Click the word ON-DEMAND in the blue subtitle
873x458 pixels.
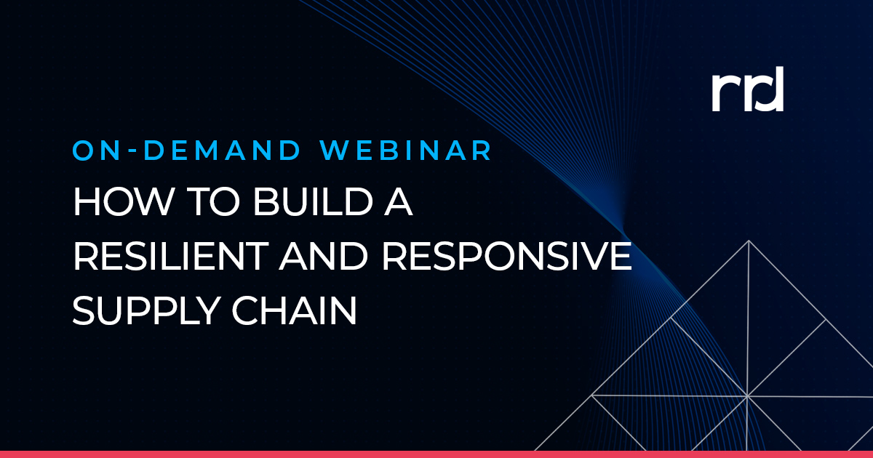186,150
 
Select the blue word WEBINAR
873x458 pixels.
408,150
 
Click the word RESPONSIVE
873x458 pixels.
523,257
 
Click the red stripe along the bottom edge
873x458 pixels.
436,454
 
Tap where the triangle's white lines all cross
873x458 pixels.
747,396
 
